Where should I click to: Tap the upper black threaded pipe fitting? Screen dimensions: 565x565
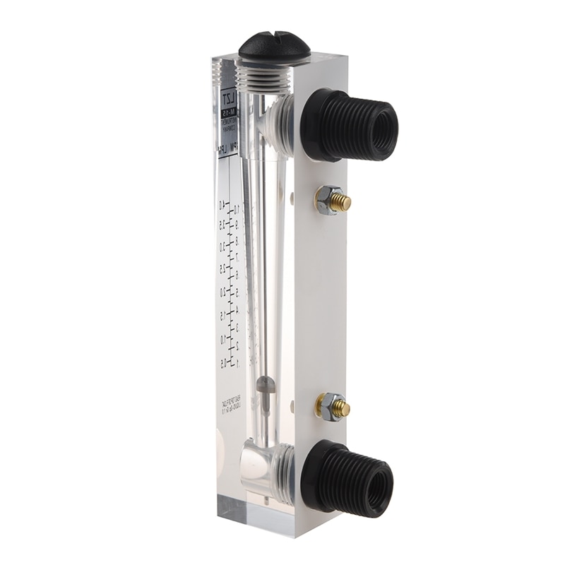(350, 124)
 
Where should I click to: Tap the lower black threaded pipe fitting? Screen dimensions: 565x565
(347, 477)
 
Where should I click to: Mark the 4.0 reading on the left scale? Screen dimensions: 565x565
(222, 204)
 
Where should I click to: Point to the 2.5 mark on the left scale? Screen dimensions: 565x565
(222, 268)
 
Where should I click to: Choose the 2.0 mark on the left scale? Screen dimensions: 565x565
(223, 292)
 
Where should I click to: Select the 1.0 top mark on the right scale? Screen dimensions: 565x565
(237, 208)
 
